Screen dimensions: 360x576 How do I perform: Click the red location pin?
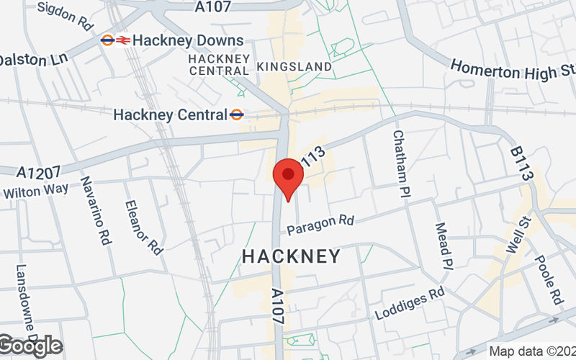click(289, 176)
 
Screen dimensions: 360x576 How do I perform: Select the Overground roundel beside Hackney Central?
click(237, 114)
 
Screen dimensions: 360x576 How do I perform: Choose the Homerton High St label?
click(513, 69)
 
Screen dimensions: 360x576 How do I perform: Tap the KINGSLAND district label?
click(294, 66)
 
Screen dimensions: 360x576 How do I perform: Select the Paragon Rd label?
click(321, 224)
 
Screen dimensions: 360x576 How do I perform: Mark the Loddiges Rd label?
click(410, 305)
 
